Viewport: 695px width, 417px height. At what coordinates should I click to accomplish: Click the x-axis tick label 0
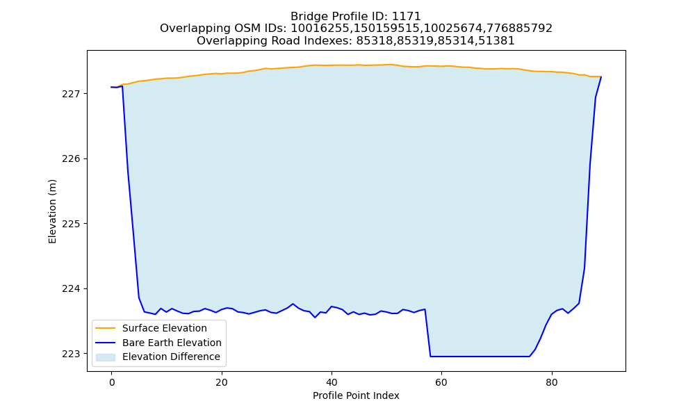click(111, 382)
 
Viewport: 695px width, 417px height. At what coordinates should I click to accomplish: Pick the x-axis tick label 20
click(222, 382)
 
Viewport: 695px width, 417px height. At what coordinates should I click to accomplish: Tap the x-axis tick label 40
click(332, 382)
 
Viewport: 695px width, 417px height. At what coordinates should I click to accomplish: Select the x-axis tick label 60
click(441, 382)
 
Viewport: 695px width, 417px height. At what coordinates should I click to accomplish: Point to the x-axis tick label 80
click(552, 382)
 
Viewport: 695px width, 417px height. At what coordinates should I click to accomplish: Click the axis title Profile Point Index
click(356, 395)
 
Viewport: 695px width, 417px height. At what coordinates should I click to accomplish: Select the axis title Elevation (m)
click(52, 211)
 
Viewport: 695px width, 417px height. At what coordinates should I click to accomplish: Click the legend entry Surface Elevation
click(165, 328)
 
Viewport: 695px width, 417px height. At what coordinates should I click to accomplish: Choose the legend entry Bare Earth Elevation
click(172, 343)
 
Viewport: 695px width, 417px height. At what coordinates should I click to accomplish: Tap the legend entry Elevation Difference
click(171, 357)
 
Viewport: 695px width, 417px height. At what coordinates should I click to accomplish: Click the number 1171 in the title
click(407, 17)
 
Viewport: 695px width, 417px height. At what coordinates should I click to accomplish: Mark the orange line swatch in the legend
click(106, 328)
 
